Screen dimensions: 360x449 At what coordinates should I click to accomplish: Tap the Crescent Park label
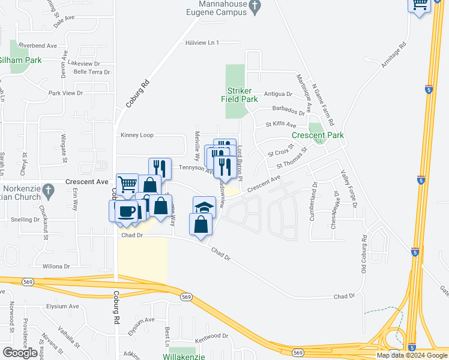tap(318, 136)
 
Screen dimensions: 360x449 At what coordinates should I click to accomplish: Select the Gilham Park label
tap(20, 60)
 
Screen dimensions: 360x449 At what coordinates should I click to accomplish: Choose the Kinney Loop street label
tap(137, 135)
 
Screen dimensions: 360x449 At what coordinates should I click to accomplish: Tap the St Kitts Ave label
tap(282, 125)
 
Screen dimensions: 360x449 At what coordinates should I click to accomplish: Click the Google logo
tap(20, 352)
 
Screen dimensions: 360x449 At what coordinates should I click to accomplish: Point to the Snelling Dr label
tap(25, 220)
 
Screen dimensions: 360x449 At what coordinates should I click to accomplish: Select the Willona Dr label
tap(56, 266)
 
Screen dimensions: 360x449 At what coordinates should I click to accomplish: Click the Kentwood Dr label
tap(212, 336)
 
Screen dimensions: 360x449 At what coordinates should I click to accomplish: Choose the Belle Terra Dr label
tap(91, 71)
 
